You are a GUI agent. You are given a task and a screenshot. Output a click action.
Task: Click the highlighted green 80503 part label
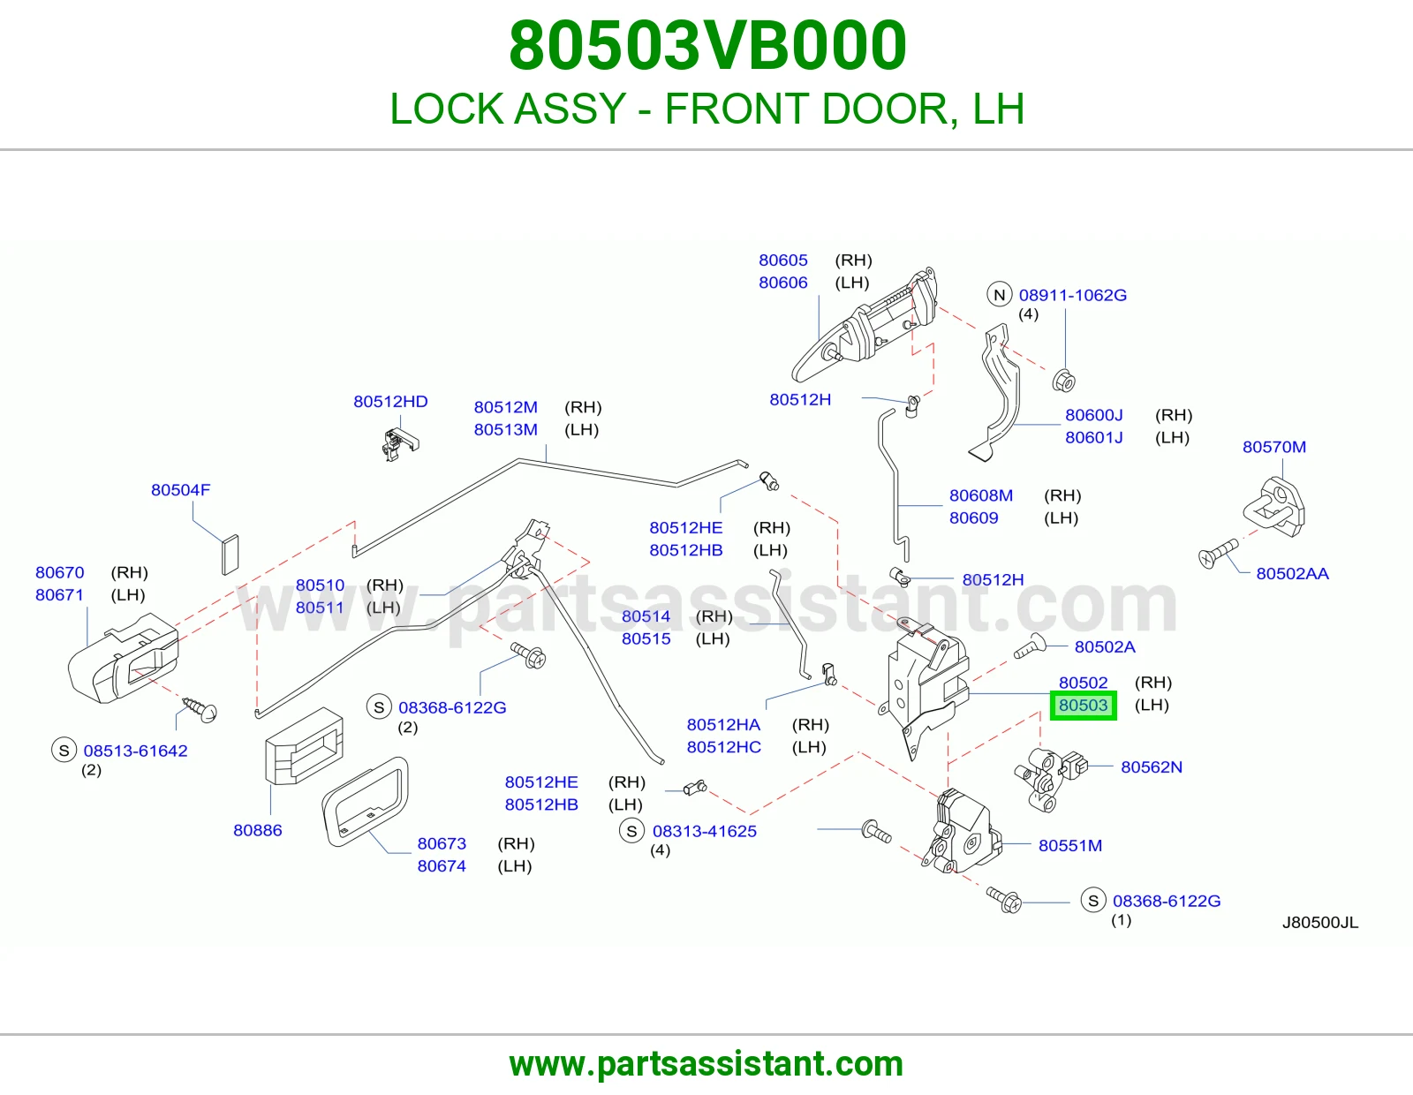pyautogui.click(x=1084, y=705)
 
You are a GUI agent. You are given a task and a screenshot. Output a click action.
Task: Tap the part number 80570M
pyautogui.click(x=1273, y=447)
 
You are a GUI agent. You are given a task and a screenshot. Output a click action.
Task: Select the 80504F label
pyautogui.click(x=181, y=489)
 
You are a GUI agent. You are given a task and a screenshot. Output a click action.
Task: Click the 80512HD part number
pyautogui.click(x=390, y=401)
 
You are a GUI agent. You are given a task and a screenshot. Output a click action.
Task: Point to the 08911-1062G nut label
pyautogui.click(x=1072, y=295)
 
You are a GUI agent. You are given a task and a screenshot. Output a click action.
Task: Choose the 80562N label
pyautogui.click(x=1151, y=766)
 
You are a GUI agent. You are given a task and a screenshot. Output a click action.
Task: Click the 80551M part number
pyautogui.click(x=1070, y=845)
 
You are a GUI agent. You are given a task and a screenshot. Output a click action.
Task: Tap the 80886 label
pyautogui.click(x=258, y=830)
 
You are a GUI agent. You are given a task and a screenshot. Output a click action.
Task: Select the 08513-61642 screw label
pyautogui.click(x=135, y=751)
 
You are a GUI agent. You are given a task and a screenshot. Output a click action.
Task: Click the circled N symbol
pyautogui.click(x=1000, y=295)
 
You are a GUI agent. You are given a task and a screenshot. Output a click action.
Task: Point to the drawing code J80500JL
pyautogui.click(x=1320, y=923)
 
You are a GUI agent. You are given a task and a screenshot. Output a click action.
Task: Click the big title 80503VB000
pyautogui.click(x=707, y=45)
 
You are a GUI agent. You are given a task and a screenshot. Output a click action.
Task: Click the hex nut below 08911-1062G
pyautogui.click(x=1064, y=381)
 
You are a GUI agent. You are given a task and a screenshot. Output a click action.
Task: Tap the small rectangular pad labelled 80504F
pyautogui.click(x=230, y=555)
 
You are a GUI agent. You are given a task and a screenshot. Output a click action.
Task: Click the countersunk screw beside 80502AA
pyautogui.click(x=1218, y=554)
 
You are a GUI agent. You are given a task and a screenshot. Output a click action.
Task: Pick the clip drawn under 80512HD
pyautogui.click(x=399, y=444)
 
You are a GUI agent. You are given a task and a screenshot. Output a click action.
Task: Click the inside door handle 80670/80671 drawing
pyautogui.click(x=124, y=658)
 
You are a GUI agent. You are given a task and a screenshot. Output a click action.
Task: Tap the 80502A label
pyautogui.click(x=1105, y=646)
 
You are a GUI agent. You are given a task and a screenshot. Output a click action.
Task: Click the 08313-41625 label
pyautogui.click(x=704, y=831)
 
